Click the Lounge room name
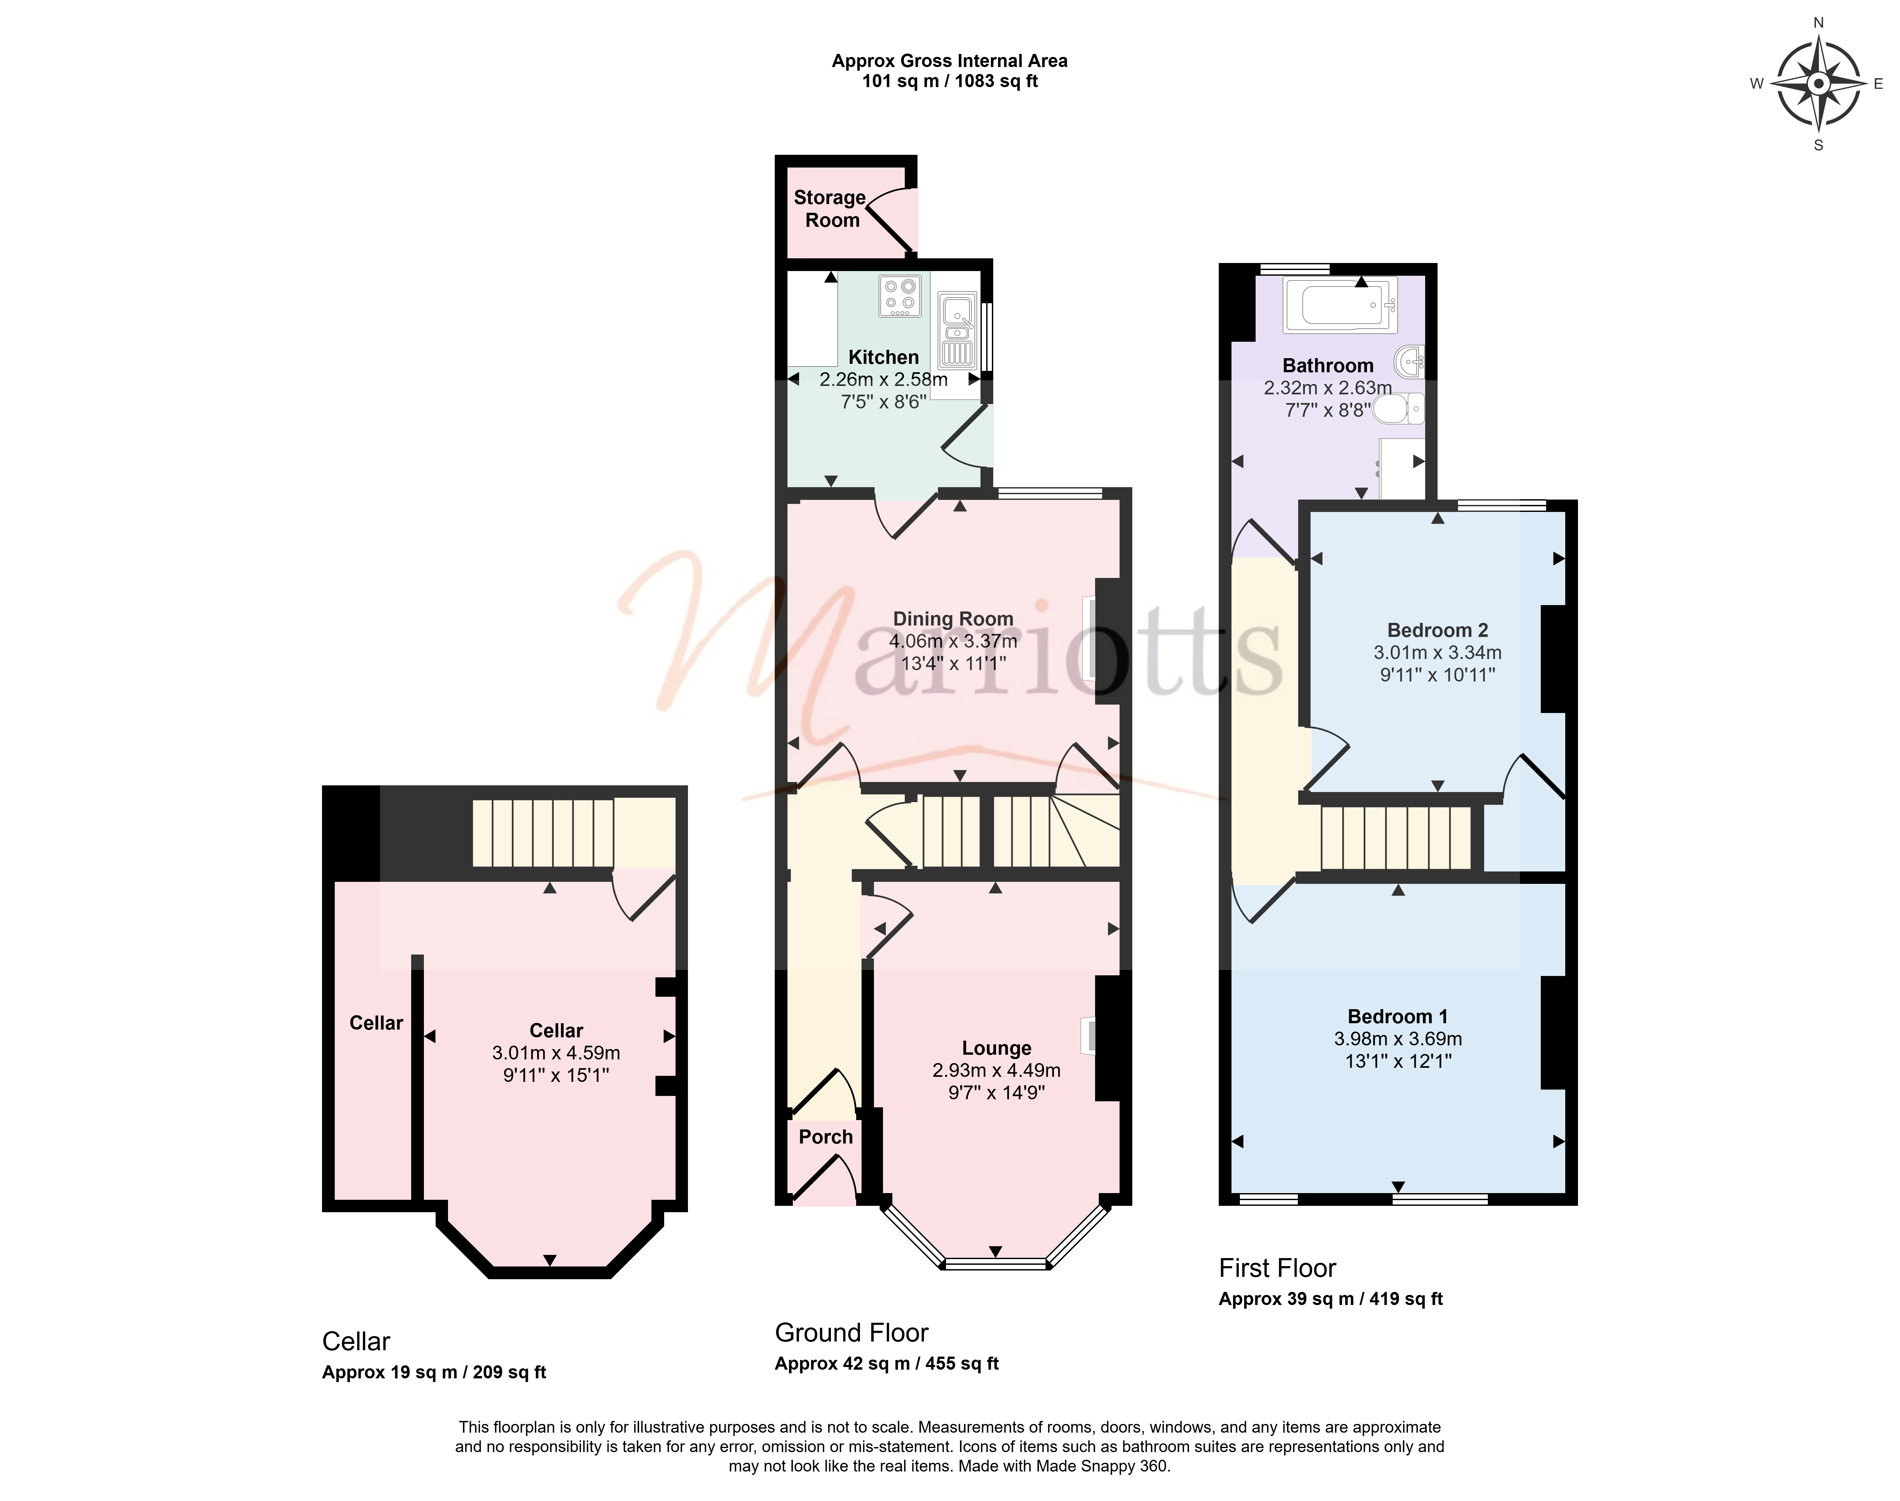(x=997, y=1048)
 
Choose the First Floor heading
(x=1277, y=1268)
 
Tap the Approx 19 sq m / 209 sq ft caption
(x=434, y=1373)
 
